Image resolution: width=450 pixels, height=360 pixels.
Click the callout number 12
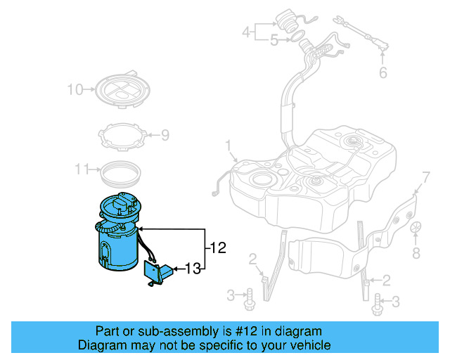(x=219, y=247)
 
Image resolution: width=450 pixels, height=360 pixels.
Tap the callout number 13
(x=193, y=268)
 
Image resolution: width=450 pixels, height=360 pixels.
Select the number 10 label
(x=75, y=89)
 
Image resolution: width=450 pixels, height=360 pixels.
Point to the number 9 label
(x=165, y=134)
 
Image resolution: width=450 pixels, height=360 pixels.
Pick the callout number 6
(x=382, y=72)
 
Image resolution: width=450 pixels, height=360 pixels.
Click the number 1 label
(x=228, y=146)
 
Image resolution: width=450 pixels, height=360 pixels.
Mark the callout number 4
(x=246, y=32)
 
